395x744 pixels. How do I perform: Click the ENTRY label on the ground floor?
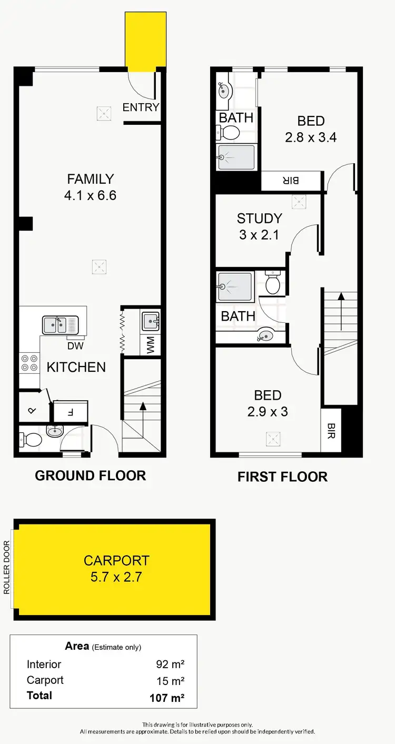click(141, 107)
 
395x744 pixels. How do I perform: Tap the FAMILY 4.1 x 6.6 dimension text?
click(90, 195)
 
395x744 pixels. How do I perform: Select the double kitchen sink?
click(60, 325)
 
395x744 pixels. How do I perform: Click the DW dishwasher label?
click(75, 346)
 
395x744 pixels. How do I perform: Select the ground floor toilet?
click(32, 438)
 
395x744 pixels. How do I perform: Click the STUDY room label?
click(259, 218)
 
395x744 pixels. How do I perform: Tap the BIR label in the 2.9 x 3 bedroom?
click(331, 431)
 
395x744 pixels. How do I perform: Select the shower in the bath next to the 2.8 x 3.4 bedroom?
click(236, 156)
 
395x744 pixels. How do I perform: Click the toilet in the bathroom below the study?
click(273, 284)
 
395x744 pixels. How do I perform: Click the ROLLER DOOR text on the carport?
click(7, 568)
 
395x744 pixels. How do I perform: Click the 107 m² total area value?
click(166, 698)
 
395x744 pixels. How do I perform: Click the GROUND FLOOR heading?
click(90, 475)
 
